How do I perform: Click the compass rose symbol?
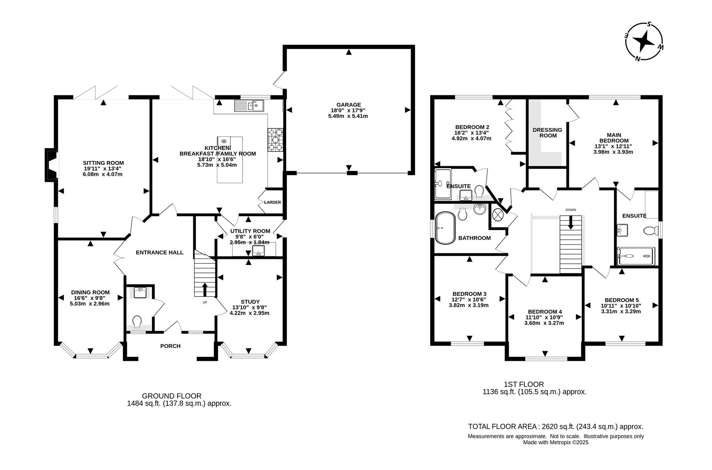coord(645,41)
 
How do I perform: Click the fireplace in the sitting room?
coord(51,165)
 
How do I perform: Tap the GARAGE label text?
coord(348,104)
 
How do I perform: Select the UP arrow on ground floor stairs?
coord(205,289)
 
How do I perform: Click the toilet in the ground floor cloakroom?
coord(138,322)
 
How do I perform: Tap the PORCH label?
coord(170,346)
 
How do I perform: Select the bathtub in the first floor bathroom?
coord(445,227)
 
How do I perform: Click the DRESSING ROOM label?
coord(547,132)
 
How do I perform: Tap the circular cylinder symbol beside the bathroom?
coord(498,215)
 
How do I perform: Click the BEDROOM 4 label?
coord(544,312)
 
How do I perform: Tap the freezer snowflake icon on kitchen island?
coord(224,141)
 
